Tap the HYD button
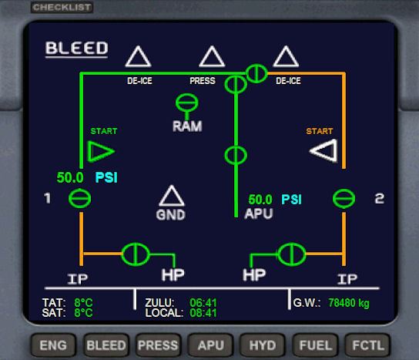point(263,345)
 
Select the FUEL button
point(315,345)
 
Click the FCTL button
point(368,345)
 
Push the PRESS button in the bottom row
point(158,345)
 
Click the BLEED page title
point(77,48)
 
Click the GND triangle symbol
point(172,196)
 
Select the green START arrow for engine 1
point(101,151)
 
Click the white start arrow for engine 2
point(324,150)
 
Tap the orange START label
point(320,131)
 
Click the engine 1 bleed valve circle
point(80,198)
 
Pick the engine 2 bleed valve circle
point(344,198)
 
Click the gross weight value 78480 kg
point(349,303)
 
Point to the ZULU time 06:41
point(203,303)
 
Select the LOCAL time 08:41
point(203,313)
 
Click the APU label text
point(258,214)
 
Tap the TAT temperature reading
point(83,303)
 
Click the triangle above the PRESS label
point(212,57)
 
